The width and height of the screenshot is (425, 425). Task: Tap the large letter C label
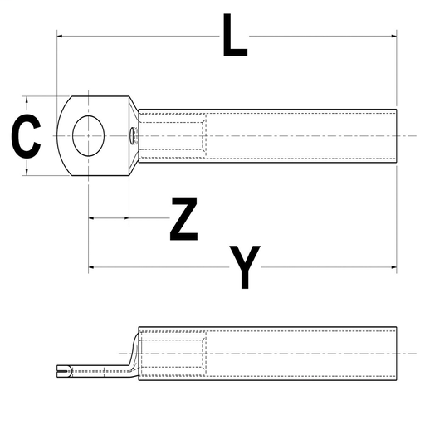(26, 137)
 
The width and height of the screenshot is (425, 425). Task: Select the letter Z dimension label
(183, 219)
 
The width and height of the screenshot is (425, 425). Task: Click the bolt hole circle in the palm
(88, 135)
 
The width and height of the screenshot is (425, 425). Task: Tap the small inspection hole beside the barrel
(133, 135)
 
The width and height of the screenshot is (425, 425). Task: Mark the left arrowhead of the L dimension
(61, 36)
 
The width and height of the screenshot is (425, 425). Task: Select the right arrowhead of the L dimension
(393, 36)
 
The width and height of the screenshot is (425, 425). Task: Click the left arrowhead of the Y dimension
(92, 267)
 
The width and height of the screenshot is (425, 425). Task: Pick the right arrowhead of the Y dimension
(393, 267)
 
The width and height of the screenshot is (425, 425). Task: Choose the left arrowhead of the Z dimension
(92, 219)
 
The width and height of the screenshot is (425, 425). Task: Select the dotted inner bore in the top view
(172, 135)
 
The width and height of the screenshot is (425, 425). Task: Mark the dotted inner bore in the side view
(172, 354)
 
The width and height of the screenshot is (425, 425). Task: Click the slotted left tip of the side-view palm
(59, 370)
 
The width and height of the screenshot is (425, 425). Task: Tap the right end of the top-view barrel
(395, 135)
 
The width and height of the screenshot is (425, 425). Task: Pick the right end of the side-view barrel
(395, 354)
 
